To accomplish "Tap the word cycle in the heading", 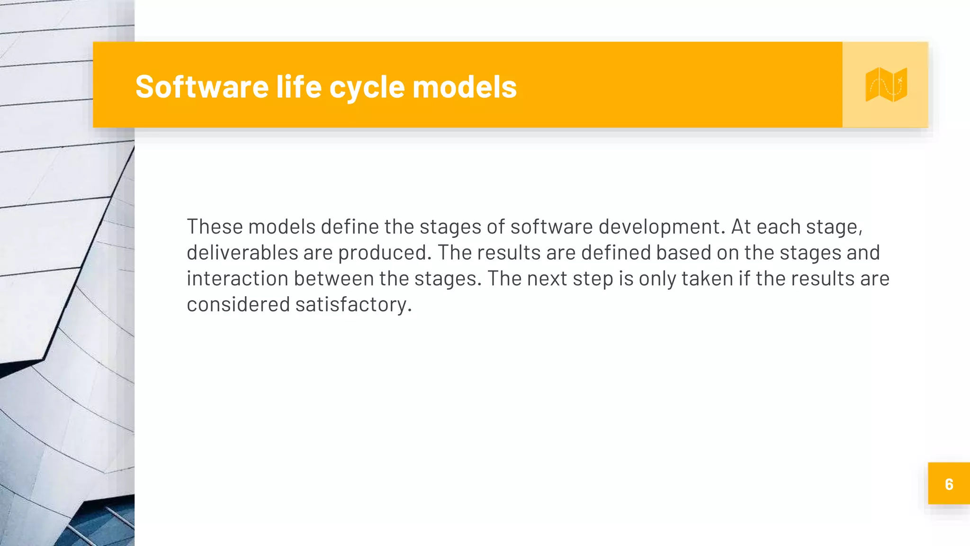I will coord(367,88).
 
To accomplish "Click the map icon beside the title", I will coord(886,85).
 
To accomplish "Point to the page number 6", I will coord(949,484).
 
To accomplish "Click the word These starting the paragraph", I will coord(215,227).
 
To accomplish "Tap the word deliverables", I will coord(242,253).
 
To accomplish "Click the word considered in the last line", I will coord(238,304).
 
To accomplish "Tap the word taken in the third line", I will coord(707,279).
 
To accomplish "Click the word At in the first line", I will coord(741,227).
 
